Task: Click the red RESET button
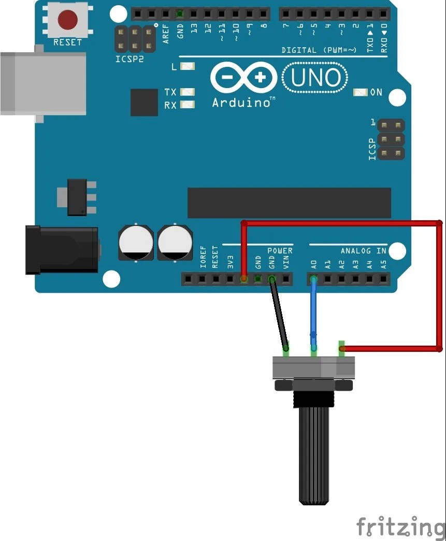(68, 19)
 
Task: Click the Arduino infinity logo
(244, 77)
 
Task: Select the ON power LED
(361, 92)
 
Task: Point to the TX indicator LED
(188, 92)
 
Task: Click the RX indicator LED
(188, 104)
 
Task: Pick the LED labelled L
(188, 66)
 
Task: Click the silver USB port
(43, 83)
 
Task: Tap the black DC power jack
(62, 249)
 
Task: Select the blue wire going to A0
(313, 314)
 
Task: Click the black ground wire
(279, 314)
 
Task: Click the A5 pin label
(383, 265)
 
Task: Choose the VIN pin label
(286, 262)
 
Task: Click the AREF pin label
(166, 34)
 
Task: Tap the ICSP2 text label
(130, 59)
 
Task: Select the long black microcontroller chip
(289, 203)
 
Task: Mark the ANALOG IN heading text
(364, 251)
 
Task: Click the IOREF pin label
(203, 257)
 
